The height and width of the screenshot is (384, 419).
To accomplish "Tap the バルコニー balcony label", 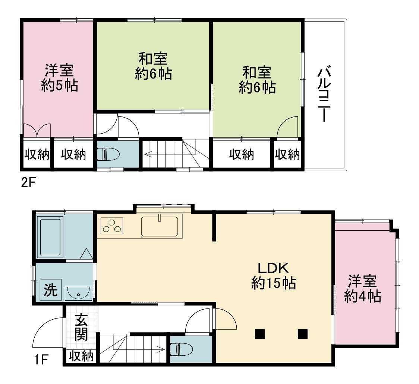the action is tap(324, 93).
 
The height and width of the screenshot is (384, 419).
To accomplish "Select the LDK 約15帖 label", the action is tap(273, 276).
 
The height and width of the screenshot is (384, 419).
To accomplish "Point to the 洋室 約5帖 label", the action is tap(59, 78).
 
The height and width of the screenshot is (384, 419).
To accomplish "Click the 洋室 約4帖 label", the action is tap(362, 288).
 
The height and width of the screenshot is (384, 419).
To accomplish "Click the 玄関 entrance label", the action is tap(81, 327).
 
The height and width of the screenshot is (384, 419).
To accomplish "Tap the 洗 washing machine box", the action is tap(50, 290).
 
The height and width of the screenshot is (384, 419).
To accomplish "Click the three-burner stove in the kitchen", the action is tap(112, 225).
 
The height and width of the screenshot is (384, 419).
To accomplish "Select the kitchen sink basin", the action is tap(160, 226).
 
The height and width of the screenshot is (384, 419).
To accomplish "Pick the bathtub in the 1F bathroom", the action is tap(50, 237).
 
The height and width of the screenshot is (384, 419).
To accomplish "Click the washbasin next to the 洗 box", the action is tap(79, 293).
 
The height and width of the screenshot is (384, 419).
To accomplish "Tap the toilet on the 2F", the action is tap(108, 154).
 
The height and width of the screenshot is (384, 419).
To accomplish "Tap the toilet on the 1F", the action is tap(182, 349).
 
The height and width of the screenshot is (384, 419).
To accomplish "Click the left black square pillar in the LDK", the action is tap(260, 334).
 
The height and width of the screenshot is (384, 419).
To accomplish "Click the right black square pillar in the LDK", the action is tap(302, 334).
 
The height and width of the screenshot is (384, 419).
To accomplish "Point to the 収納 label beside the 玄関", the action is tap(81, 356).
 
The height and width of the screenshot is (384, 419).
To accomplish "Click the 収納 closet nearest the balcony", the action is tap(287, 154).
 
